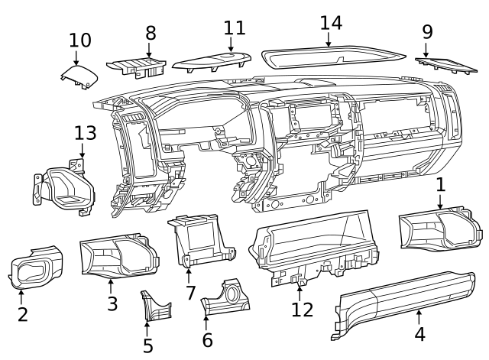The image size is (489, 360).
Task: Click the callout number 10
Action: pyautogui.click(x=79, y=40)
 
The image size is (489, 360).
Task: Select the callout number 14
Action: pyautogui.click(x=330, y=22)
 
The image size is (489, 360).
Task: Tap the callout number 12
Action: pyautogui.click(x=303, y=310)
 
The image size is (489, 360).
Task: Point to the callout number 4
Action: pyautogui.click(x=419, y=334)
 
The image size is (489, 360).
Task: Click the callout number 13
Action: pyautogui.click(x=86, y=133)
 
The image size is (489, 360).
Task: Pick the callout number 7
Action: pyautogui.click(x=190, y=294)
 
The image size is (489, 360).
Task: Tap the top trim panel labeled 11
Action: pyautogui.click(x=212, y=61)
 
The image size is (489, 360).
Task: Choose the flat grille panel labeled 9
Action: pyautogui.click(x=447, y=63)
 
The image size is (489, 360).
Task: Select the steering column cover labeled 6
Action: pyautogui.click(x=226, y=300)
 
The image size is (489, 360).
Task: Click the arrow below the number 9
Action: pyautogui.click(x=426, y=50)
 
